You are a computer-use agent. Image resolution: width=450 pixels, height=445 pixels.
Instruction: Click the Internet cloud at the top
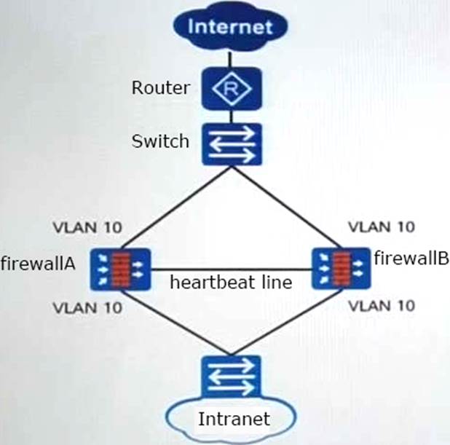229,28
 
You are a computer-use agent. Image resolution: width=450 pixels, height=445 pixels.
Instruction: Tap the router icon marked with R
230,89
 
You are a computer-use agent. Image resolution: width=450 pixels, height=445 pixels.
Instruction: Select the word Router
160,89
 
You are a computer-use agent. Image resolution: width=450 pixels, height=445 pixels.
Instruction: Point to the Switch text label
159,140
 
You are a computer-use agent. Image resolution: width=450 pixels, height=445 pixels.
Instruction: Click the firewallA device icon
122,269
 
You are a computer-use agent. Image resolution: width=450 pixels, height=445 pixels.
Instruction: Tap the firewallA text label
38,262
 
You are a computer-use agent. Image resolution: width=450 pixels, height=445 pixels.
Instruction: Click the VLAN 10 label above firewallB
381,227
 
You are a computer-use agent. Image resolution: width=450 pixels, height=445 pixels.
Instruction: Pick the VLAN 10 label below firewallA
87,305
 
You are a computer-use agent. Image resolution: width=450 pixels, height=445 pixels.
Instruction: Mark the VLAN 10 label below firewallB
382,304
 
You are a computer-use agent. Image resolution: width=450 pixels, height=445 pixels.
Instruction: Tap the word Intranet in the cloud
234,419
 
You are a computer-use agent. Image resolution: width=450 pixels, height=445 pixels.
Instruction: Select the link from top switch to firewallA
177,206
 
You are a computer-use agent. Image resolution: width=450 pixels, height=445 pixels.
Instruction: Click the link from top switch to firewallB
284,206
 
